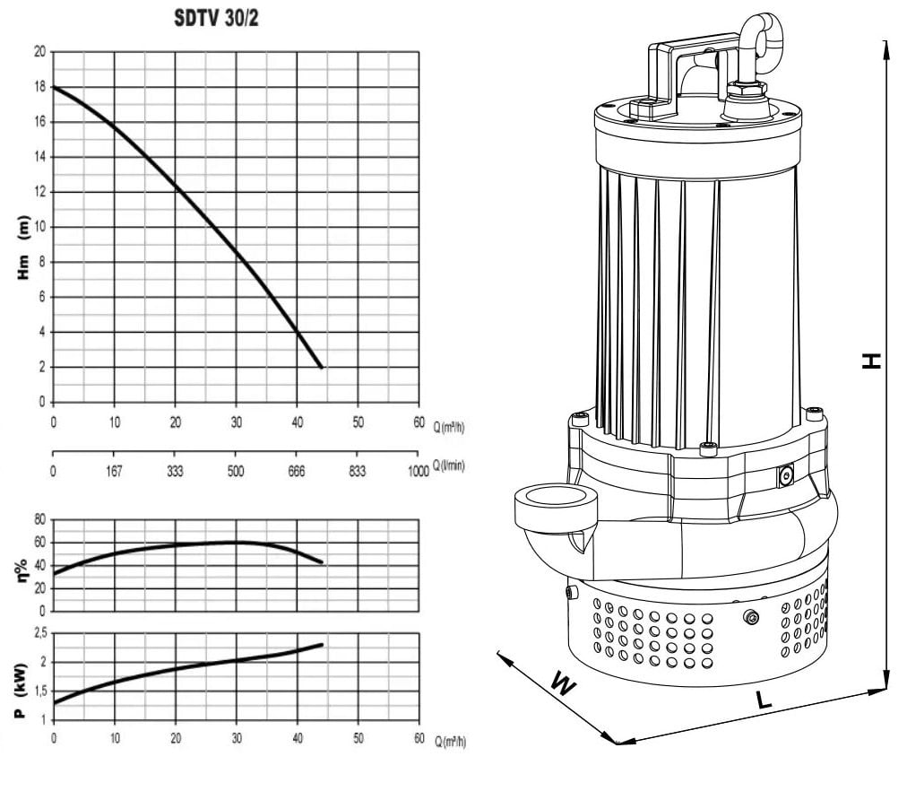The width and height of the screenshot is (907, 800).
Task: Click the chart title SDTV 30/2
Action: (x=216, y=19)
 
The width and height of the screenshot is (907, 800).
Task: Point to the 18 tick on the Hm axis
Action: (x=39, y=87)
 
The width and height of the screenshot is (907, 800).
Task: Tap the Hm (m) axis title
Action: (x=23, y=248)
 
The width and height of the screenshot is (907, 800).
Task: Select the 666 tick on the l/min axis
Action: (x=297, y=471)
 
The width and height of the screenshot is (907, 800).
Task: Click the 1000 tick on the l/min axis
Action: (x=419, y=471)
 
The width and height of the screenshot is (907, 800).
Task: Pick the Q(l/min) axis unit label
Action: (x=449, y=465)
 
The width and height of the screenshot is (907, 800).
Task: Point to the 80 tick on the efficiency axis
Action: (x=39, y=519)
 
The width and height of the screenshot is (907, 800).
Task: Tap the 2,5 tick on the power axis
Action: (x=40, y=633)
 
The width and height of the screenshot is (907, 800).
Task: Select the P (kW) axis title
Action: (x=22, y=690)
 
